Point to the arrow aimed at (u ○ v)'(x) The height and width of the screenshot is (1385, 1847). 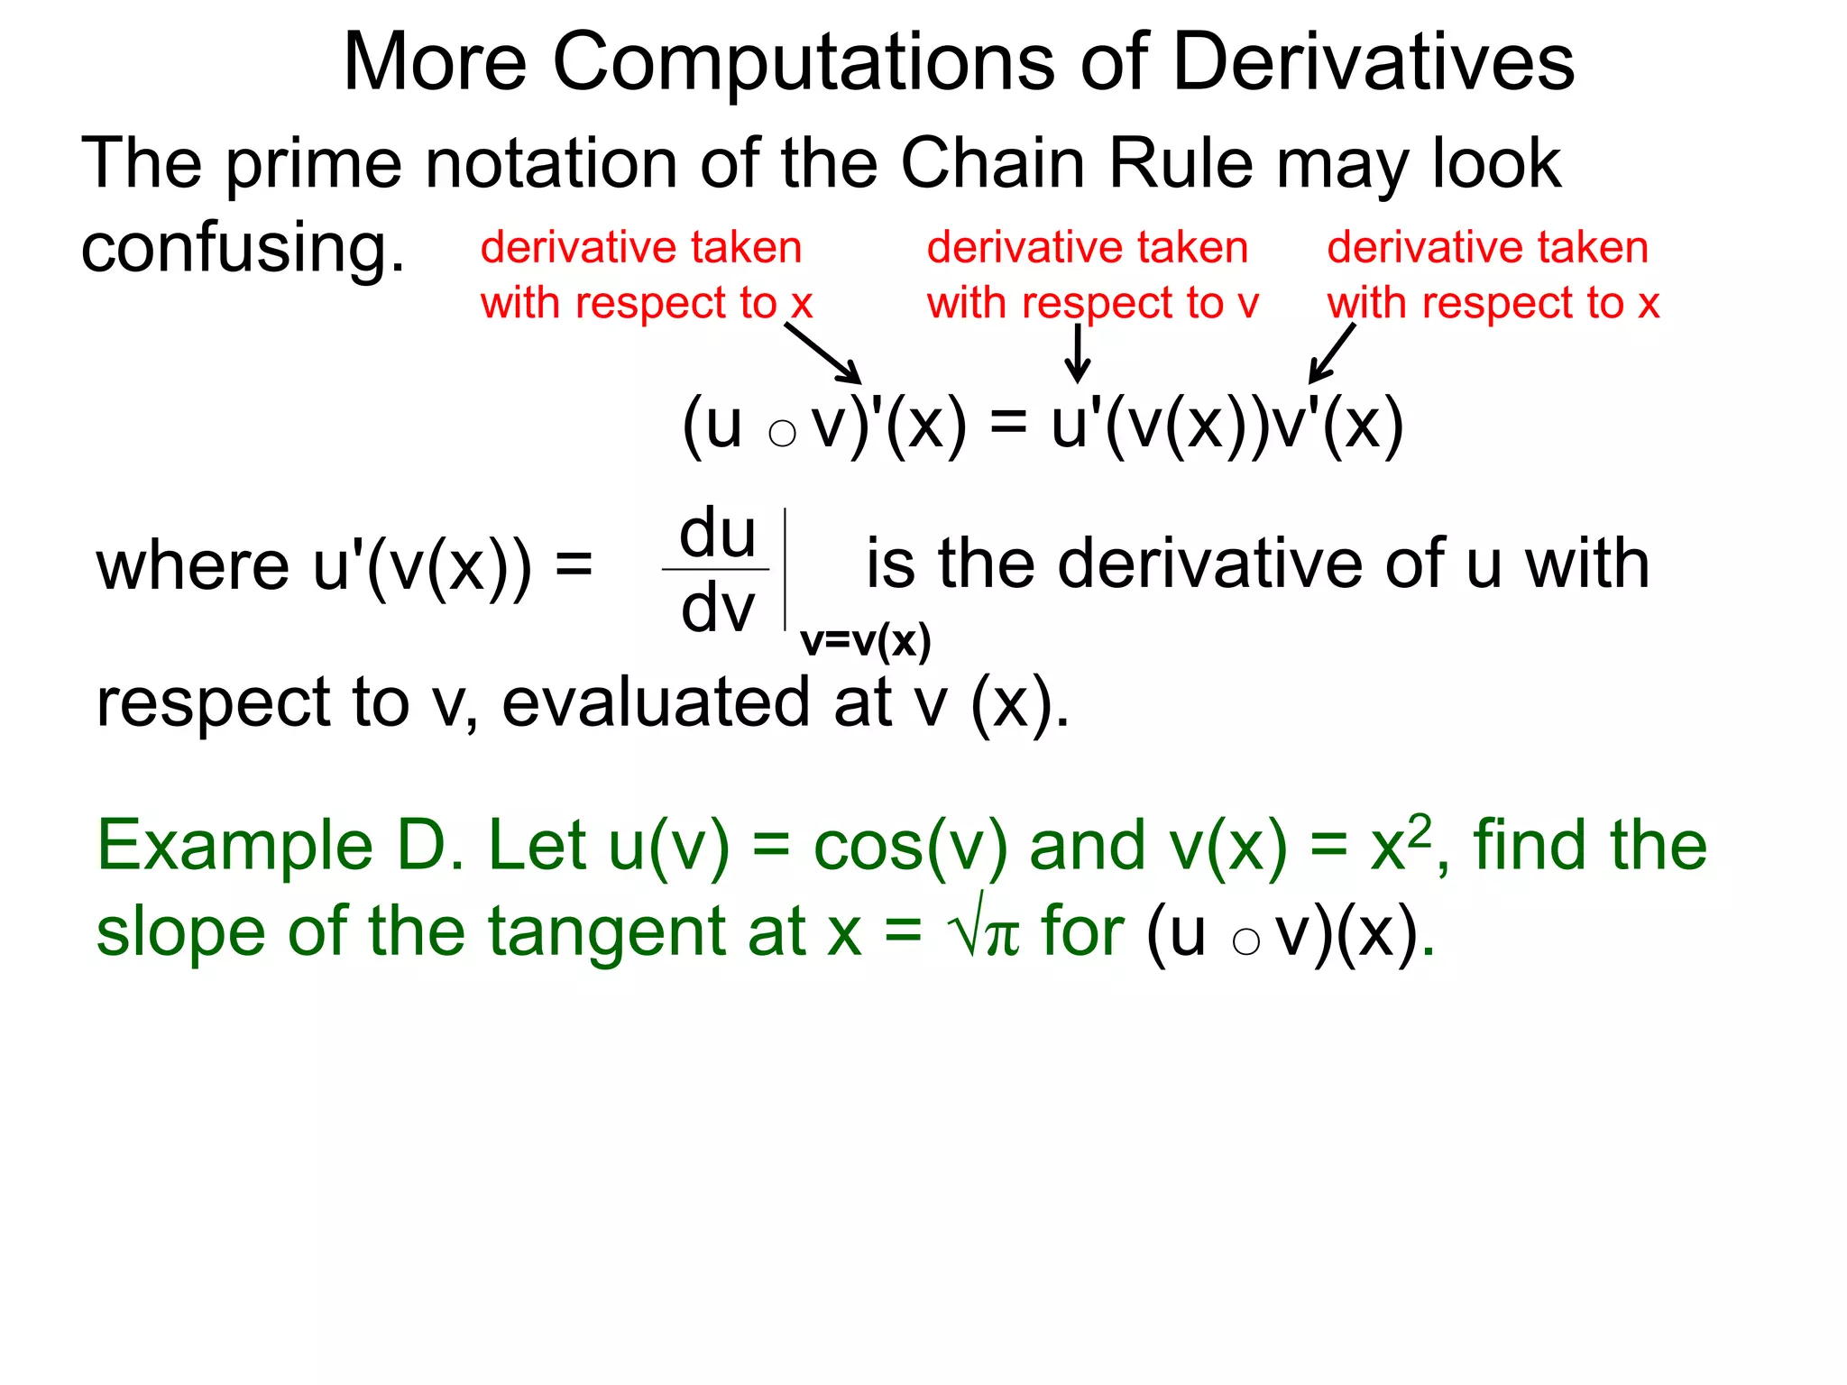[x=822, y=353]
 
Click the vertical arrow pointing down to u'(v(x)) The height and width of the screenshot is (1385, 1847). [x=1077, y=353]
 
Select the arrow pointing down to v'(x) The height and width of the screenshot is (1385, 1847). [x=1332, y=353]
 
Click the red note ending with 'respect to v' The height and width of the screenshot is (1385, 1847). [x=1092, y=275]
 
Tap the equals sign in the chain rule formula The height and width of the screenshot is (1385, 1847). [x=1008, y=422]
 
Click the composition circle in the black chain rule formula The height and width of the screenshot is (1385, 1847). [x=782, y=434]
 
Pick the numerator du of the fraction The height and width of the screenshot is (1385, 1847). [x=717, y=533]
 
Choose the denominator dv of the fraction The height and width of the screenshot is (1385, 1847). [x=717, y=608]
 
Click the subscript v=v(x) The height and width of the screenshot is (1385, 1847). [x=865, y=641]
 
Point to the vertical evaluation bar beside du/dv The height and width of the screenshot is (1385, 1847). [x=786, y=569]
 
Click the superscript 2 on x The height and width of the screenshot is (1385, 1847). [x=1420, y=828]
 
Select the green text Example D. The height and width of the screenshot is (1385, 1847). [x=280, y=846]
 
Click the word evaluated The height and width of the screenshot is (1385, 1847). [x=656, y=702]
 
